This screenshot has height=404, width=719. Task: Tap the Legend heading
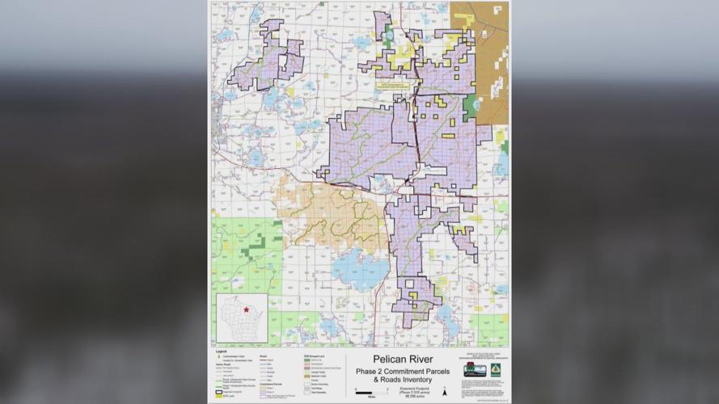click(x=221, y=351)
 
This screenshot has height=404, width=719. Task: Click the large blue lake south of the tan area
click(x=361, y=267)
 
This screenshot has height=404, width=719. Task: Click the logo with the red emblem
click(x=474, y=370)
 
